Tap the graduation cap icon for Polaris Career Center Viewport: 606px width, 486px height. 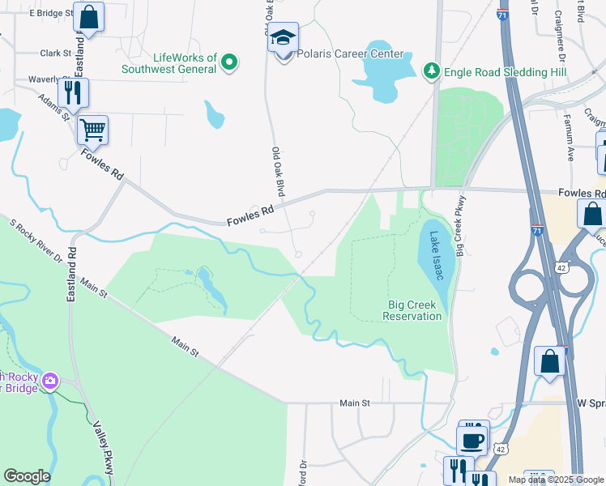point(284,38)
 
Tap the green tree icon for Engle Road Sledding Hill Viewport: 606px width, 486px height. point(432,72)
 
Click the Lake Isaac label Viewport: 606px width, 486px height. point(437,256)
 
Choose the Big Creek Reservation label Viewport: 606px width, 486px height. point(412,310)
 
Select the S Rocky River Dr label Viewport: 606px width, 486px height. point(36,241)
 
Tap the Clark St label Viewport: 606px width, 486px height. point(56,53)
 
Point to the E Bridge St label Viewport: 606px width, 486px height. point(50,14)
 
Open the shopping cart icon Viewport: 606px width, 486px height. point(92,129)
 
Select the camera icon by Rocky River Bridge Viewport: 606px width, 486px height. point(51,380)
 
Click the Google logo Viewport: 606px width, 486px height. point(27,476)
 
